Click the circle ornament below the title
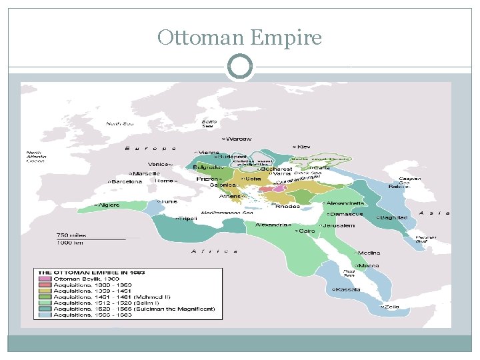click(240, 67)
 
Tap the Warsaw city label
click(239, 139)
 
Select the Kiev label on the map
click(303, 146)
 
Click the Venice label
click(159, 164)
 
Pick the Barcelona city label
click(127, 181)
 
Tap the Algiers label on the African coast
click(109, 205)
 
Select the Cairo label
click(306, 231)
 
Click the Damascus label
click(348, 214)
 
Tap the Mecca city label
click(368, 265)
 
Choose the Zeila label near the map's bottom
click(391, 307)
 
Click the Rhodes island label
click(287, 206)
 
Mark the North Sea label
click(120, 123)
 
